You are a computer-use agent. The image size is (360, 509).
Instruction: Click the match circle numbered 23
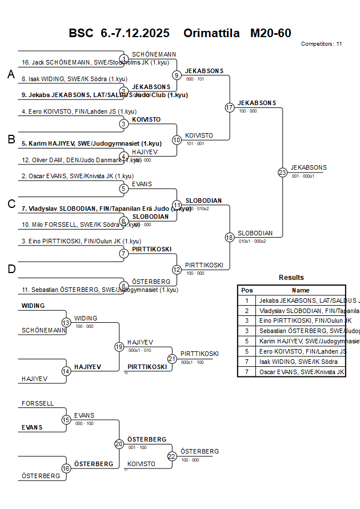pyautogui.click(x=282, y=172)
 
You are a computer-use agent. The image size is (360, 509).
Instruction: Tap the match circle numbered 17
pyautogui.click(x=230, y=107)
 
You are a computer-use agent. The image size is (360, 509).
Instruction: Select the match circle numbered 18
pyautogui.click(x=230, y=237)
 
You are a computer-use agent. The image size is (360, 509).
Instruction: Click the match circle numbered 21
pyautogui.click(x=172, y=359)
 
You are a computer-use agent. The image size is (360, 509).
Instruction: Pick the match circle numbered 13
pyautogui.click(x=66, y=323)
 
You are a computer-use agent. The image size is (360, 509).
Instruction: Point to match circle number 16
pyautogui.click(x=66, y=468)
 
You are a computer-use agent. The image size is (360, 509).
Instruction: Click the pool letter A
pyautogui.click(x=10, y=74)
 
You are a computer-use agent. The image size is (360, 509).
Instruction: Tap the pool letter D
pyautogui.click(x=10, y=269)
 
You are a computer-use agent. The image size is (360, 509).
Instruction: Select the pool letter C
pyautogui.click(x=10, y=204)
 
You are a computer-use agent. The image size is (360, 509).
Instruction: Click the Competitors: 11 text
pyautogui.click(x=321, y=43)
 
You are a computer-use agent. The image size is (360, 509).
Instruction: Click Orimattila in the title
pyautogui.click(x=211, y=33)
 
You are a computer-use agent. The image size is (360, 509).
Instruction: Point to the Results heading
pyautogui.click(x=291, y=278)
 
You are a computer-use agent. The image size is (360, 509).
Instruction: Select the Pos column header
pyautogui.click(x=247, y=290)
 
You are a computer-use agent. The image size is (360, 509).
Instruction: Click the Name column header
pyautogui.click(x=301, y=290)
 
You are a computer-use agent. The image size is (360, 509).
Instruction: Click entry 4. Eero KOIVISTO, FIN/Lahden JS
pyautogui.click(x=79, y=111)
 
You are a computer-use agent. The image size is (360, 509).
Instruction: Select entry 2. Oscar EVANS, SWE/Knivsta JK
pyautogui.click(x=77, y=177)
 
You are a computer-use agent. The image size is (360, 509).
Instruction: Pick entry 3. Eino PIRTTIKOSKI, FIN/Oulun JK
pyautogui.click(x=80, y=241)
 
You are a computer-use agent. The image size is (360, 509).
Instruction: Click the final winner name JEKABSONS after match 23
pyautogui.click(x=309, y=167)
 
